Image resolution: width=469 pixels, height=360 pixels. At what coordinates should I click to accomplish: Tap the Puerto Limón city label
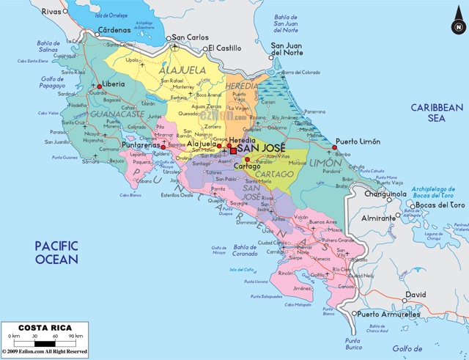point(359,141)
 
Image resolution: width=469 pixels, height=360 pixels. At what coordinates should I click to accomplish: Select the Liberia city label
point(113,84)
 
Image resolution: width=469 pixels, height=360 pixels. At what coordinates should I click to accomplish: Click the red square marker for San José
point(234,151)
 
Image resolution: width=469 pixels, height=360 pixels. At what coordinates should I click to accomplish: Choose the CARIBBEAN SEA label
point(437,112)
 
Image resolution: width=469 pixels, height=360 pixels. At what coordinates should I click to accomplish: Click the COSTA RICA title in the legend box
point(44,327)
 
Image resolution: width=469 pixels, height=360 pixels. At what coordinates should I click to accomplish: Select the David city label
point(416,295)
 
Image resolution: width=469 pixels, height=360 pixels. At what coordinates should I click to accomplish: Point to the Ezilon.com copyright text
point(44,352)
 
